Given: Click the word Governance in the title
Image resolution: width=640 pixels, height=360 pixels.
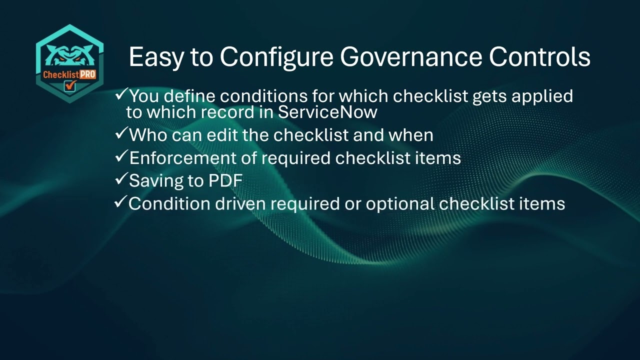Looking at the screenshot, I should click(x=410, y=57).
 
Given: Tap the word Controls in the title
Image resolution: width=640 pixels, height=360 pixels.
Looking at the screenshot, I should click(x=539, y=57).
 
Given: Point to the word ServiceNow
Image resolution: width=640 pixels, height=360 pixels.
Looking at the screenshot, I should click(x=327, y=112).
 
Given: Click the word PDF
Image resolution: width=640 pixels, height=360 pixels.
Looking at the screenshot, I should click(x=225, y=181).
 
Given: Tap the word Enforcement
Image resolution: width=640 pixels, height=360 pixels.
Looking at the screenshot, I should click(x=193, y=158).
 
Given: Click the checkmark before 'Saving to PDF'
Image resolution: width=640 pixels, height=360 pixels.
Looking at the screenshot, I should click(x=121, y=179).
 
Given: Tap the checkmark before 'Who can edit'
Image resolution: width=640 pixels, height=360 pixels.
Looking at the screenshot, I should click(x=121, y=133).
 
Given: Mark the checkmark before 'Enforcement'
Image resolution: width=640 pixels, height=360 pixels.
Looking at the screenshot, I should click(x=121, y=156).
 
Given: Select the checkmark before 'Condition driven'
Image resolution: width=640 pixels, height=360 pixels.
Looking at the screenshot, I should click(x=121, y=202).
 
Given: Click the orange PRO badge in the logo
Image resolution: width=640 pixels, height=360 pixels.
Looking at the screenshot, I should click(x=88, y=75).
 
